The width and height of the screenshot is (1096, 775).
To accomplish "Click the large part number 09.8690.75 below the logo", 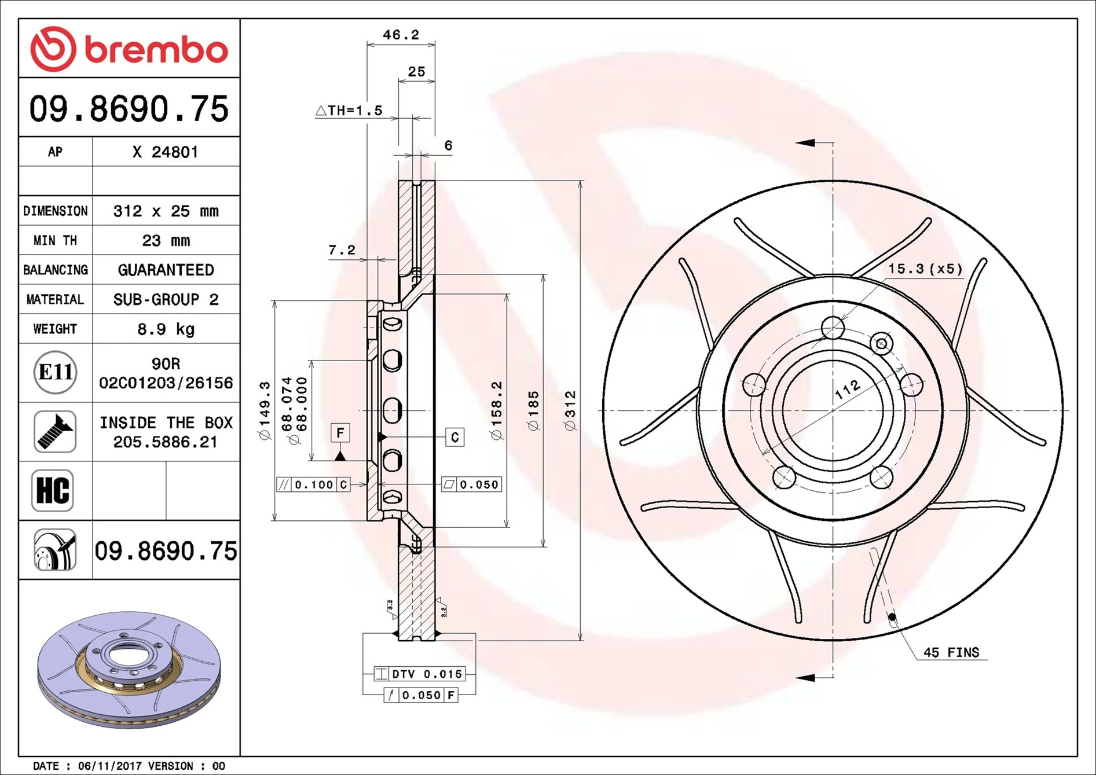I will tap(129, 109).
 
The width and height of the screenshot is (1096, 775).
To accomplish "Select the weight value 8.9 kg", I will tap(166, 329).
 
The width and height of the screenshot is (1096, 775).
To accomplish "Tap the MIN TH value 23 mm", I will tap(166, 241).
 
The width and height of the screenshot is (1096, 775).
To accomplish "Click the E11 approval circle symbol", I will tap(55, 372).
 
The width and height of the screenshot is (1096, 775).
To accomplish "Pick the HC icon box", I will tap(53, 491).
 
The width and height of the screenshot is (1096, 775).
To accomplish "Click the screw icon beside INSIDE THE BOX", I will tap(55, 432).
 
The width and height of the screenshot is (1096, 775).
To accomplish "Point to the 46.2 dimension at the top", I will tap(401, 35).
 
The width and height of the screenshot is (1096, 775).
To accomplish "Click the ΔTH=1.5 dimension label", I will tap(349, 111).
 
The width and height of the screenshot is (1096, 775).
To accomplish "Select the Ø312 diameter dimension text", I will tap(570, 411).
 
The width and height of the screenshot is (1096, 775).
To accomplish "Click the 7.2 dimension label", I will tap(342, 250).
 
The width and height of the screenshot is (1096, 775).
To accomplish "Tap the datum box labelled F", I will tap(340, 432).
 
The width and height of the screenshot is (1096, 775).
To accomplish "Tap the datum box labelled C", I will tap(455, 437).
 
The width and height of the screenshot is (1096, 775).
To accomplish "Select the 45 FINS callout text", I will tap(951, 652).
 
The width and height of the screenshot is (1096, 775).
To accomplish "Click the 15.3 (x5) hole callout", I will tap(925, 269).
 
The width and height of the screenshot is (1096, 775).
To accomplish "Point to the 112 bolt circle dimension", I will tap(847, 390).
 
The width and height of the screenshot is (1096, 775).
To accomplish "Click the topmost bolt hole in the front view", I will tap(833, 328).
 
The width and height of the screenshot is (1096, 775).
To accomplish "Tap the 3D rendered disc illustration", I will tap(129, 670).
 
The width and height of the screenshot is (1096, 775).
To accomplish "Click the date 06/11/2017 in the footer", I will tap(109, 766).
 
